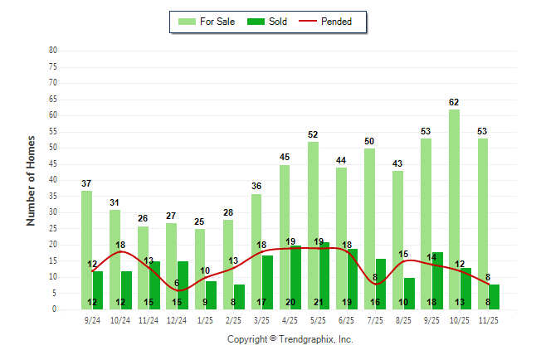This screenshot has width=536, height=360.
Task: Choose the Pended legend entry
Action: pyautogui.click(x=331, y=22)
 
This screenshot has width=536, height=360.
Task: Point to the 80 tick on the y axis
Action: pyautogui.click(x=52, y=51)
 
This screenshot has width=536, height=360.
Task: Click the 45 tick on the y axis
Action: pyautogui.click(x=52, y=164)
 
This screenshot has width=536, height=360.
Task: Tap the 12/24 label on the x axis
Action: pyautogui.click(x=176, y=319)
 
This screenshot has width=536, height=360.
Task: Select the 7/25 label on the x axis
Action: pyautogui.click(x=374, y=319)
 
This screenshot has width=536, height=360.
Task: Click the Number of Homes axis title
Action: pyautogui.click(x=32, y=180)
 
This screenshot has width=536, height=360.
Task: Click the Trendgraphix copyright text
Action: pyautogui.click(x=290, y=339)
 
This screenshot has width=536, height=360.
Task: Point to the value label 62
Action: pyautogui.click(x=454, y=103)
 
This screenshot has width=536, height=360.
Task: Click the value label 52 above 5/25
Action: pyautogui.click(x=313, y=135)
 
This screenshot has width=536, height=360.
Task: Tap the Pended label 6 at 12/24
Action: pyautogui.click(x=177, y=283)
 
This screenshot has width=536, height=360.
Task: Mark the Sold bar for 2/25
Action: pyautogui.click(x=240, y=294)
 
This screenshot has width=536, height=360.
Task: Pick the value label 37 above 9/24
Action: pyautogui.click(x=86, y=183)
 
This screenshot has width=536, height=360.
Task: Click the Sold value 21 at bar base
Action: pyautogui.click(x=319, y=303)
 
